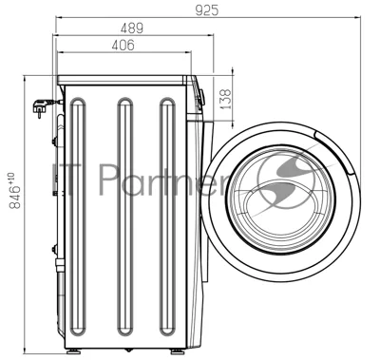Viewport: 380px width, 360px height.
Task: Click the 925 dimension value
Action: (207, 10)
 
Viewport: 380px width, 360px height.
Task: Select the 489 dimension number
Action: (132, 28)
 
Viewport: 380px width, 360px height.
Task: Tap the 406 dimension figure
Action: (123, 45)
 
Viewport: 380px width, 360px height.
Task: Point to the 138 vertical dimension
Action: (225, 99)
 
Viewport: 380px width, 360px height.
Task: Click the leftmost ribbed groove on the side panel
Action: (78, 217)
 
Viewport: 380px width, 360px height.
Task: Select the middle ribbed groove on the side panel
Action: (125, 217)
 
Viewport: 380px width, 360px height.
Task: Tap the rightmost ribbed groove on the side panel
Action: (167, 217)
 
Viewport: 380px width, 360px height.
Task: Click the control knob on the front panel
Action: (201, 97)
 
